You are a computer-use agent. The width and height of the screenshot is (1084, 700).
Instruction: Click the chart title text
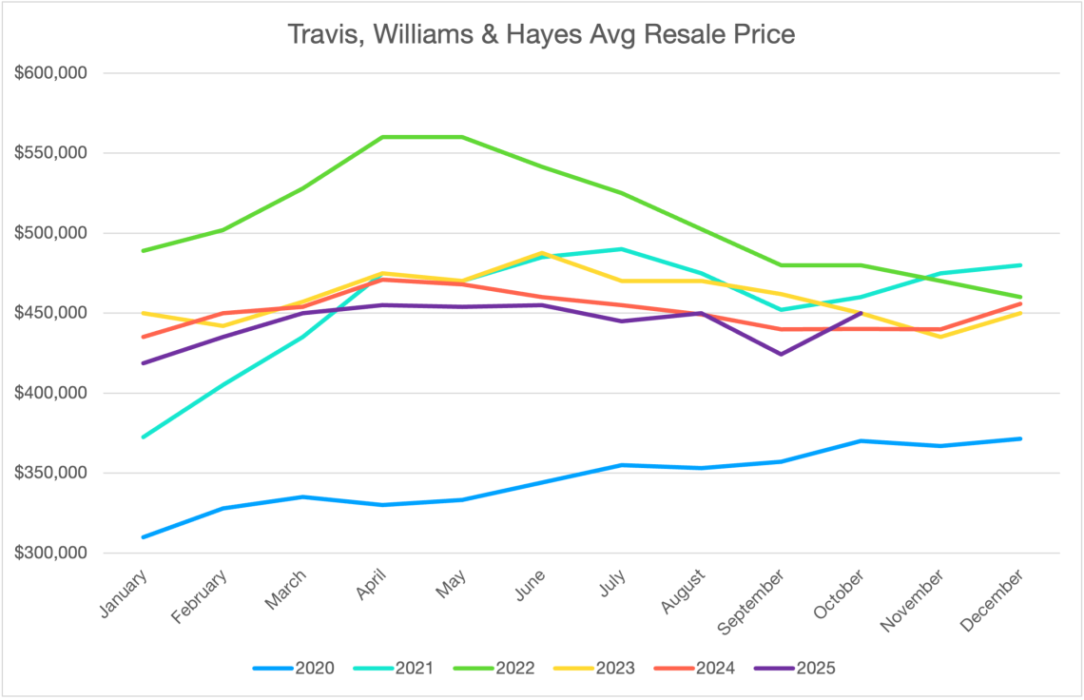[541, 35]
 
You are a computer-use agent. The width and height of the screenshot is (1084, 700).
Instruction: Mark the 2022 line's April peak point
[382, 137]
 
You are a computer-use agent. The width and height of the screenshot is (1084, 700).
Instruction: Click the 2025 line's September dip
[782, 354]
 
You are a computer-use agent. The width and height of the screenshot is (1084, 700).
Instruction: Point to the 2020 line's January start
[143, 537]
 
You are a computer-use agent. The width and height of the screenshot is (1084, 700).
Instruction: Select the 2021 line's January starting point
[143, 437]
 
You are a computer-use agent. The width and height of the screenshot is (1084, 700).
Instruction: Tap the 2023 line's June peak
[542, 253]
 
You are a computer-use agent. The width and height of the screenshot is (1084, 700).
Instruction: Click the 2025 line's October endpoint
[861, 313]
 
